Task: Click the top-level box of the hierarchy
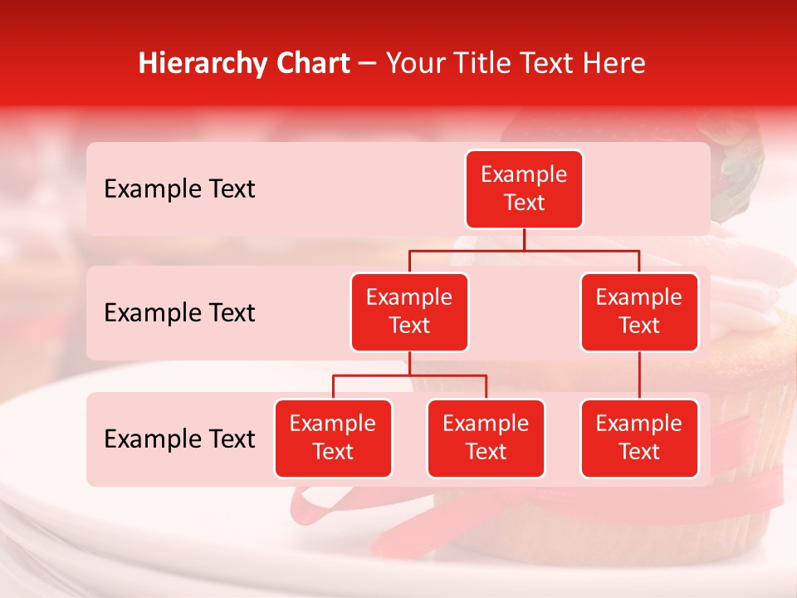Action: coord(524,189)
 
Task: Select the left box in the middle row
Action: coord(409,311)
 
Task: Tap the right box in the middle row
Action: coord(639,311)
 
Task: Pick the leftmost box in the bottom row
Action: coord(333,438)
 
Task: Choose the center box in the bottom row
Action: coord(486,438)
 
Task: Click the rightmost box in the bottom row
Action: coord(639,438)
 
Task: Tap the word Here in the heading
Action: coord(615,64)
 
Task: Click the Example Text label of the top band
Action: coord(179,189)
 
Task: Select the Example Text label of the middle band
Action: coord(179,313)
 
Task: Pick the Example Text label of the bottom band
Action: coord(179,439)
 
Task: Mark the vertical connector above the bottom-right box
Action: coord(639,375)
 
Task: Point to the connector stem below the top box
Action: coord(524,239)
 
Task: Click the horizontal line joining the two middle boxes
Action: coord(524,250)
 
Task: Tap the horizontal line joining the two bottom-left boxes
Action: coord(409,375)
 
